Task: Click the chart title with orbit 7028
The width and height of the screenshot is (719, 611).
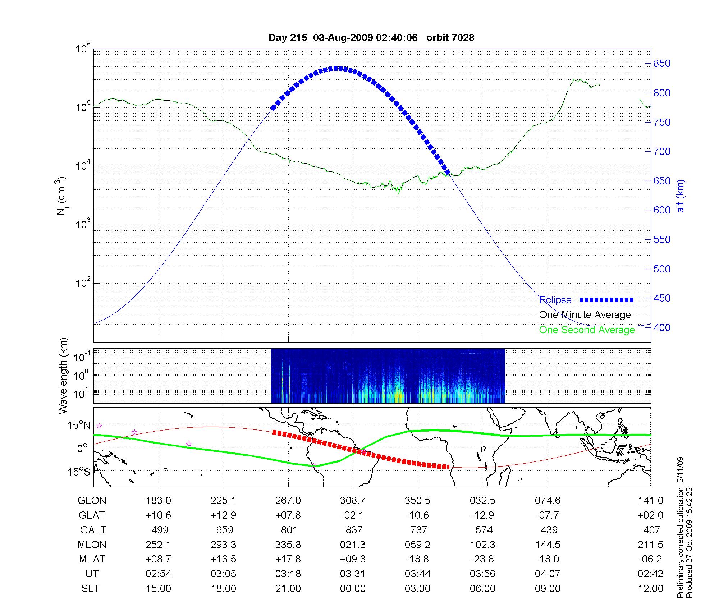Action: pyautogui.click(x=371, y=37)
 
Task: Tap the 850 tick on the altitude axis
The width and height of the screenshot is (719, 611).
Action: pyautogui.click(x=662, y=64)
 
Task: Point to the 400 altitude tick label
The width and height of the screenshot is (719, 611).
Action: pyautogui.click(x=662, y=327)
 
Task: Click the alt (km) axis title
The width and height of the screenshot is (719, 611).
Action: pyautogui.click(x=681, y=196)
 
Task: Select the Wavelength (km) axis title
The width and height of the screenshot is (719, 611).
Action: pyautogui.click(x=63, y=376)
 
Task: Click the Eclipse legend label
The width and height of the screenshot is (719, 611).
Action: pyautogui.click(x=555, y=300)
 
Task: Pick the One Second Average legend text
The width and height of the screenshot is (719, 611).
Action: pyautogui.click(x=587, y=330)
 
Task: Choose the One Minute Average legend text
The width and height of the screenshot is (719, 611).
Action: pyautogui.click(x=585, y=315)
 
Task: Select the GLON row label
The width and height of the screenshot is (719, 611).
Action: pyautogui.click(x=92, y=500)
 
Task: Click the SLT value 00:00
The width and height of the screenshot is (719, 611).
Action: pyautogui.click(x=353, y=588)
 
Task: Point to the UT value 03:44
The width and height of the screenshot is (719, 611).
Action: pyautogui.click(x=417, y=574)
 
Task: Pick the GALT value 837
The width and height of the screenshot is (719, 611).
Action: pyautogui.click(x=354, y=530)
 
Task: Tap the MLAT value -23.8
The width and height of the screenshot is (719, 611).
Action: pyautogui.click(x=482, y=559)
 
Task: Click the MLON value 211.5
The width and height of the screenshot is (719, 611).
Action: pyautogui.click(x=650, y=545)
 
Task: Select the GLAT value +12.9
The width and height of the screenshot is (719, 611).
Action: pyautogui.click(x=223, y=515)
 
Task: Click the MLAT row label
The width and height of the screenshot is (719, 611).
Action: pyautogui.click(x=92, y=559)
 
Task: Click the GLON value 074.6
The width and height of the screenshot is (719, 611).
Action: pyautogui.click(x=548, y=500)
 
